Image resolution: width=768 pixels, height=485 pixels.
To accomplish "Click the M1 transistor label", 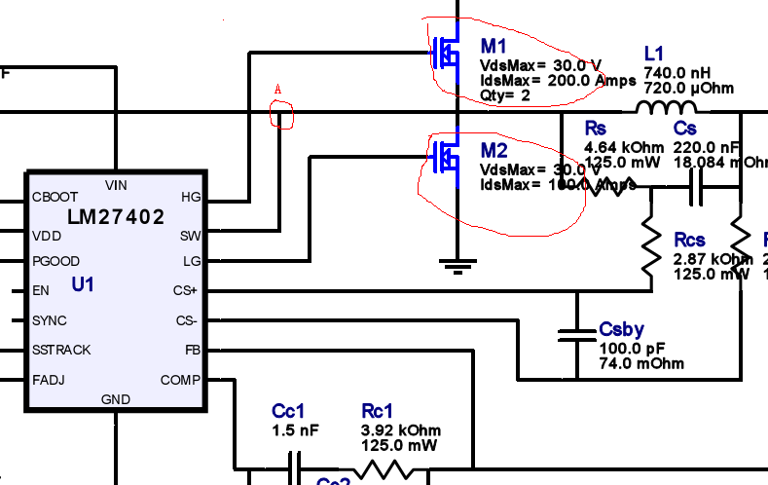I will tap(494, 48).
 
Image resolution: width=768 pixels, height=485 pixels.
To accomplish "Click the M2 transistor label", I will tap(494, 151).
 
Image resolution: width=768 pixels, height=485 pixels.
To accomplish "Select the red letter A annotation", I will tap(278, 91).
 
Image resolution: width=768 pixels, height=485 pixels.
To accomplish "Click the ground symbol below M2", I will tap(457, 263).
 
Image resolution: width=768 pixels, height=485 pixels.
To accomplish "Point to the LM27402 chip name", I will tap(116, 217).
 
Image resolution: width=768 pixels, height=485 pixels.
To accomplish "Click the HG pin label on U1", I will tap(191, 197).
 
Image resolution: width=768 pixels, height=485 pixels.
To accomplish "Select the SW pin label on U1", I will tap(190, 236).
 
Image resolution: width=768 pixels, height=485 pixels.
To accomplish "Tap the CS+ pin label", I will tap(186, 290).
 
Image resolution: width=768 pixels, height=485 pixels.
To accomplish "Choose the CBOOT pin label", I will tap(55, 197).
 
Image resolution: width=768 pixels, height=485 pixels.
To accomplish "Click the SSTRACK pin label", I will tap(61, 350).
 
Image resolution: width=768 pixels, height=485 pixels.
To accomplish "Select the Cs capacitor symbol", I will tap(696, 189).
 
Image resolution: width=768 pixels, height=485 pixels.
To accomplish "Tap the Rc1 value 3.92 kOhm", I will tap(401, 430).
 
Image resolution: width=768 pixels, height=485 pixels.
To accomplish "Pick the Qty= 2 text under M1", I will tap(505, 95).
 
